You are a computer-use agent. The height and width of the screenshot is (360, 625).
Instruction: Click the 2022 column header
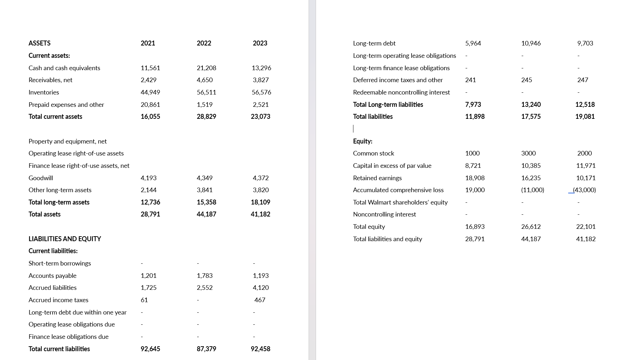[204, 43]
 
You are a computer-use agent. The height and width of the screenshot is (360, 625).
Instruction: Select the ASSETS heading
[40, 43]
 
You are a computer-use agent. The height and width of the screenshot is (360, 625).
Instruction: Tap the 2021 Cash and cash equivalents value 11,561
[150, 68]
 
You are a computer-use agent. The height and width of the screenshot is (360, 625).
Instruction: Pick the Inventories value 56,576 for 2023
[261, 92]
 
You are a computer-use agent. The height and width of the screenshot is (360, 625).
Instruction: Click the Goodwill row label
[41, 178]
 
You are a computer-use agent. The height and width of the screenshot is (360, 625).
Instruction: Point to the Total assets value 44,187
[206, 214]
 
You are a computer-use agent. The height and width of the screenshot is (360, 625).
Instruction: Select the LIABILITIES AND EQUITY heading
[65, 239]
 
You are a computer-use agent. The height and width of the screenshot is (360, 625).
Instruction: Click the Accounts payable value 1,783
[205, 275]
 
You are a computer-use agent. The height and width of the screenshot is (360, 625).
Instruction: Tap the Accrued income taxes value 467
[260, 300]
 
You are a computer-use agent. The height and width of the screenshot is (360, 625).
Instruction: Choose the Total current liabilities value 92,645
[150, 349]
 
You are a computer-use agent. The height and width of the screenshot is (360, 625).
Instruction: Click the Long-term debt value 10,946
[531, 43]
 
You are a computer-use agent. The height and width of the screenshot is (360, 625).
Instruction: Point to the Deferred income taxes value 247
[583, 80]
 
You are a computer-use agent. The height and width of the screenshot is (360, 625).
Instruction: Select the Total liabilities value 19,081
[585, 116]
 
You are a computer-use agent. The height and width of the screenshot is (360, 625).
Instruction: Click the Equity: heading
[363, 141]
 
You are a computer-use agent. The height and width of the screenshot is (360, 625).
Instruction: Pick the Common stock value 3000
[528, 153]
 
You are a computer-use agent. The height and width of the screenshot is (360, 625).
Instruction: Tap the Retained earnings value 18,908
[475, 178]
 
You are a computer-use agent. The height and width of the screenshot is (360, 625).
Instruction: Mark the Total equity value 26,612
[531, 226]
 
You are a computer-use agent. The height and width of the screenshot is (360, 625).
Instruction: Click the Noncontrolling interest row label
[384, 214]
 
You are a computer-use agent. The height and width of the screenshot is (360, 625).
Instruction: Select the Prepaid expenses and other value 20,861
[150, 104]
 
